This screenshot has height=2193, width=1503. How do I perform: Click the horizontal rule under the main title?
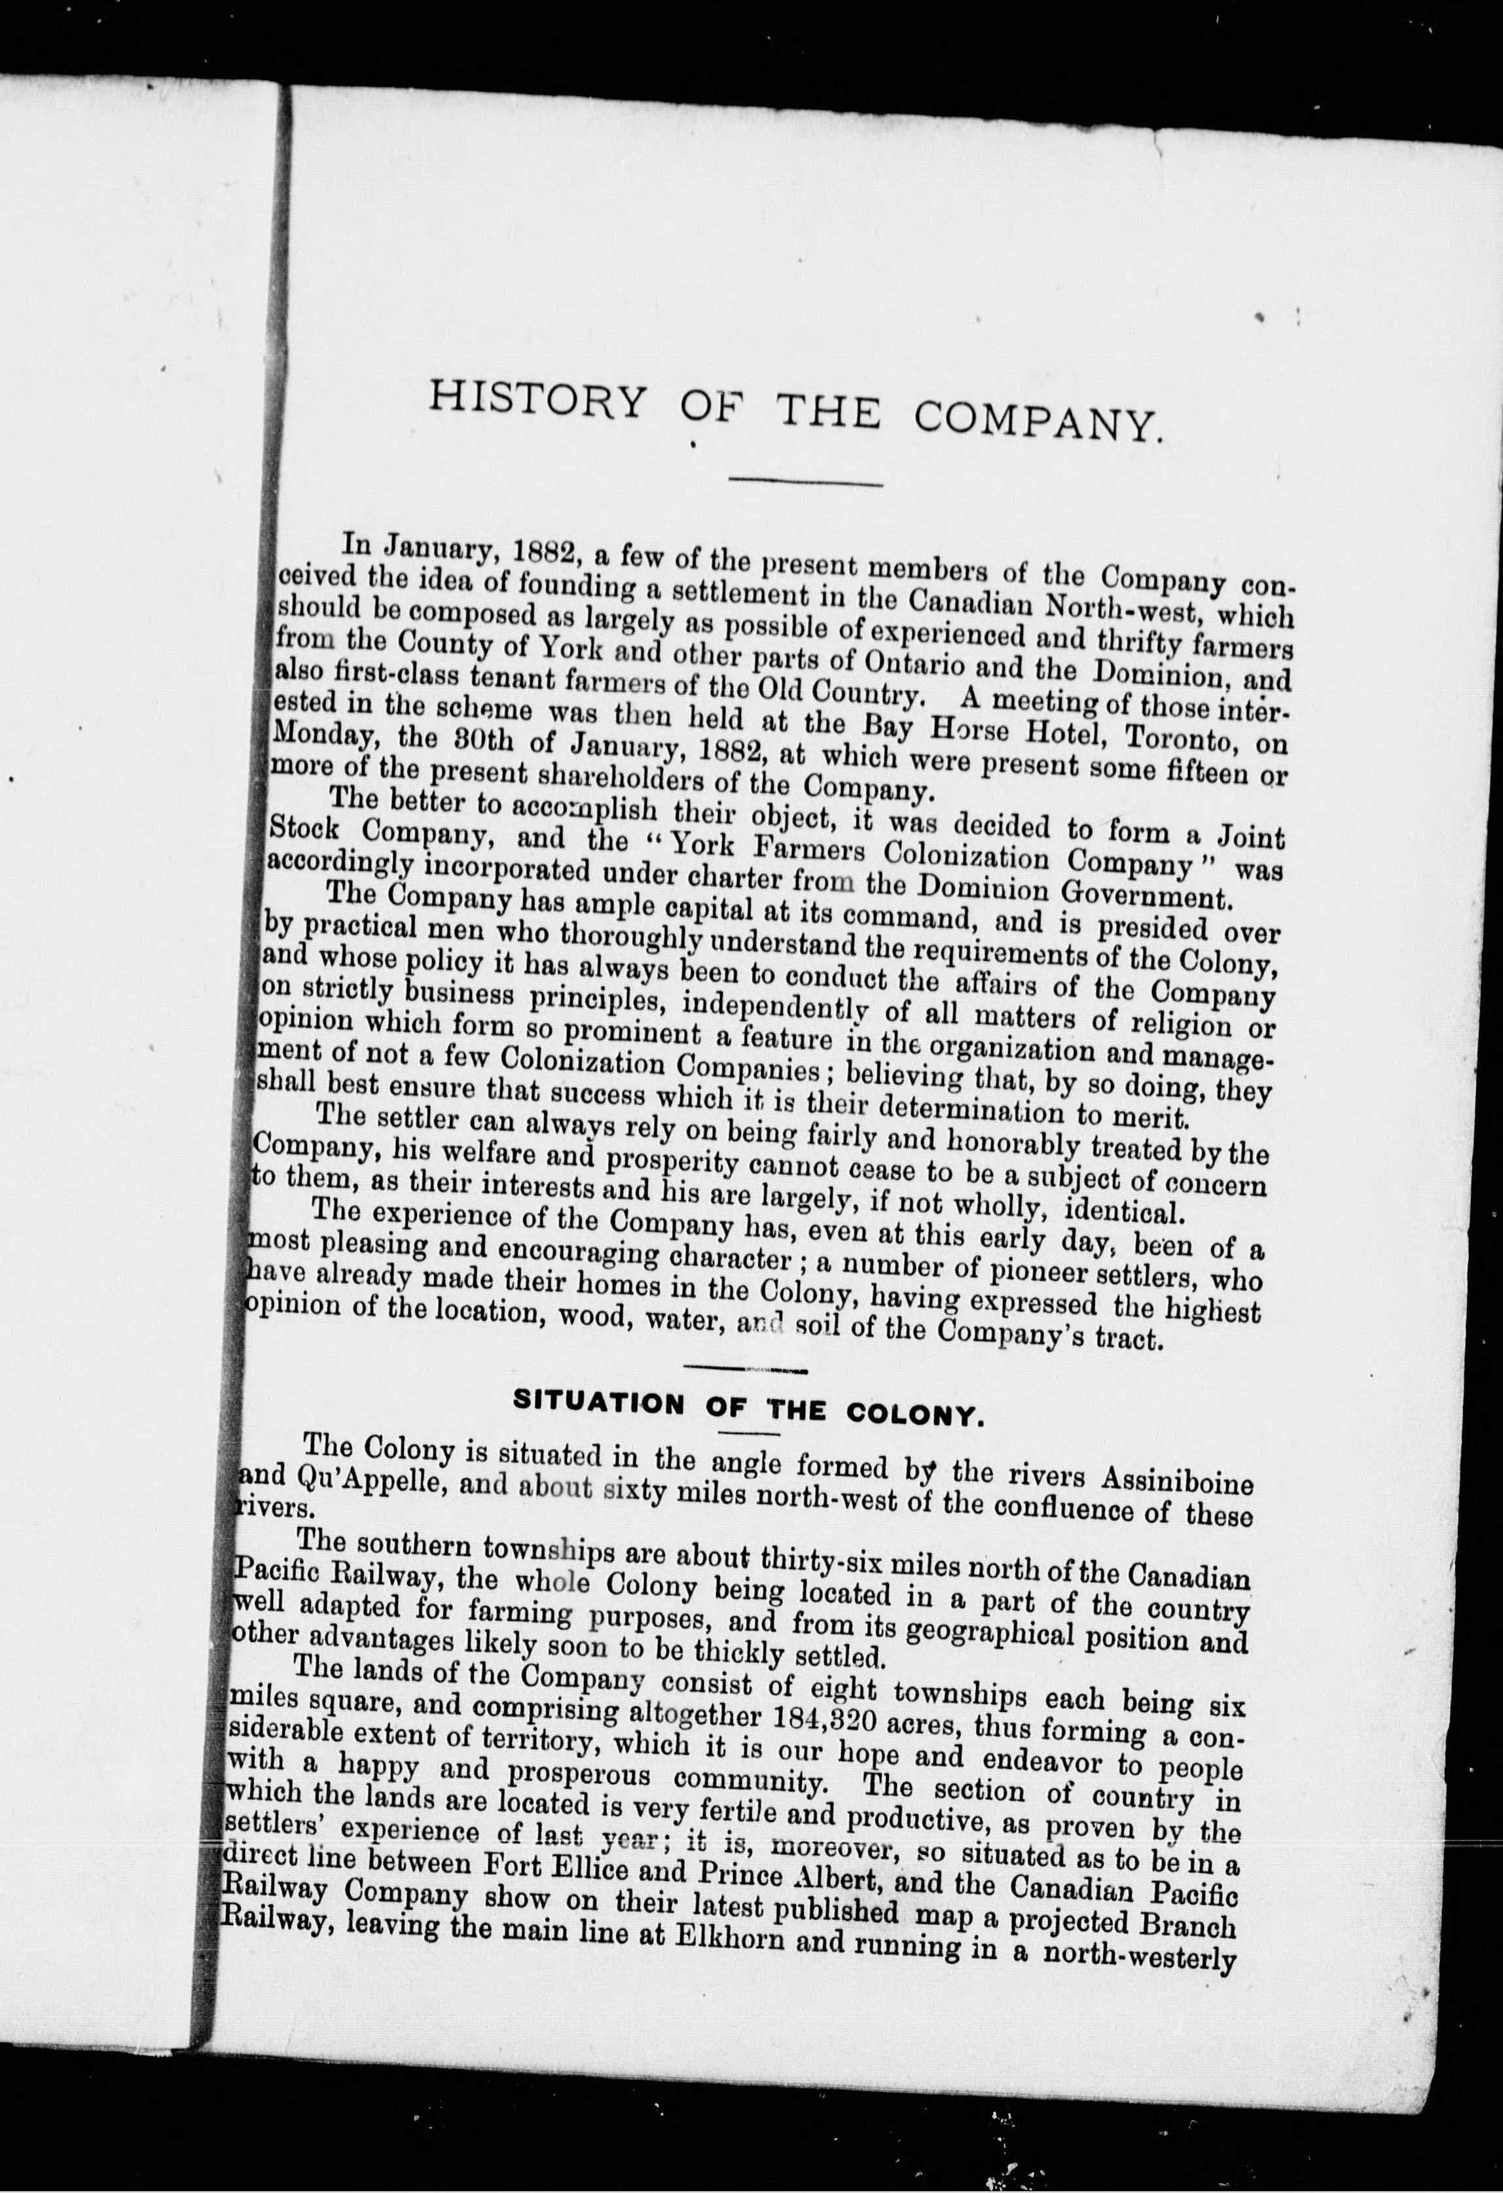point(805,484)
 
